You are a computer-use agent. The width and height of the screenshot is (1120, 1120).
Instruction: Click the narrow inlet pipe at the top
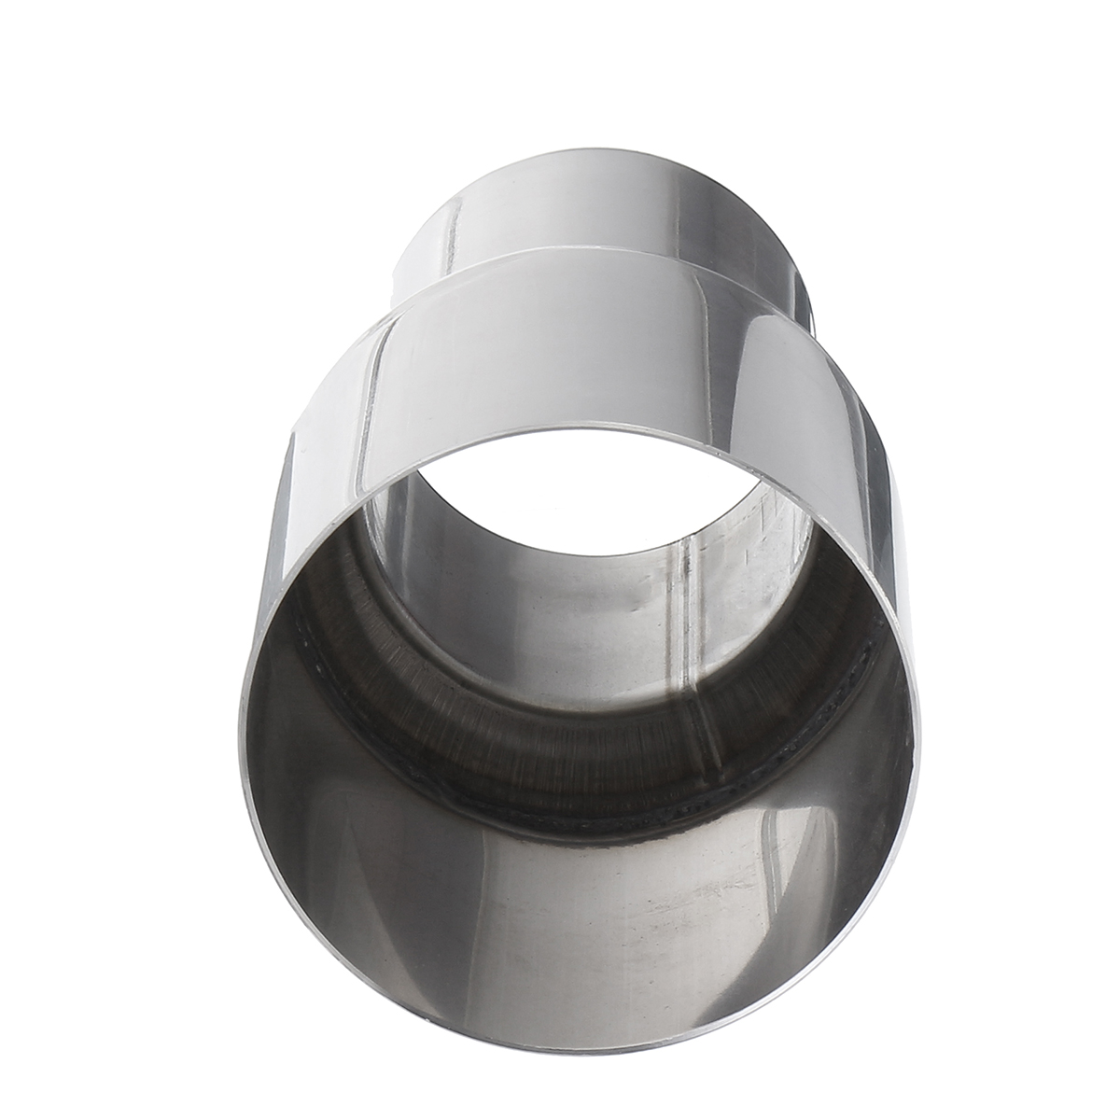point(597,215)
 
